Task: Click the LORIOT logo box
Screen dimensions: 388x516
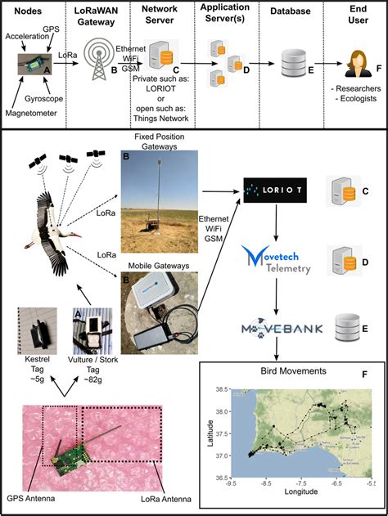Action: pos(275,191)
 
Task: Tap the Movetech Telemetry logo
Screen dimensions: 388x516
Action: pos(276,260)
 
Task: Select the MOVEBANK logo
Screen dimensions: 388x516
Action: pos(282,328)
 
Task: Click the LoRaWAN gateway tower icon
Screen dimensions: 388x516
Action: pos(98,61)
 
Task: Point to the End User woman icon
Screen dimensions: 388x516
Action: pos(358,64)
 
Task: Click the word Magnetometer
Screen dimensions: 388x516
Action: pos(31,113)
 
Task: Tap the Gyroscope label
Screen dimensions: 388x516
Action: pos(44,99)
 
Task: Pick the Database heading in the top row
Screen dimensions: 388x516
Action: pos(290,11)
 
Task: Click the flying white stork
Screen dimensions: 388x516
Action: pos(52,235)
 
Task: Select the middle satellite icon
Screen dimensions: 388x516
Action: pos(68,159)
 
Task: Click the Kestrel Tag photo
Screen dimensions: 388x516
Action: pos(37,330)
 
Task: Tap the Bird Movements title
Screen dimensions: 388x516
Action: pos(294,371)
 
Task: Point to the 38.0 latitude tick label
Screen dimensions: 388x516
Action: pos(221,411)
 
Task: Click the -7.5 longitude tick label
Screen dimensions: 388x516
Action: pos(301,483)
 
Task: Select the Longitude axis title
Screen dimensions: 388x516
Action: pos(301,491)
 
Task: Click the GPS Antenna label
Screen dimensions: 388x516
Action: pos(31,498)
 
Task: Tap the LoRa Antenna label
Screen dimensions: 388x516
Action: pos(166,499)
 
